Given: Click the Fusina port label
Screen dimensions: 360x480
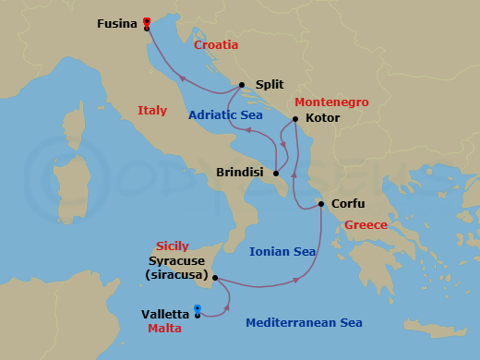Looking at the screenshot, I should point(117,24).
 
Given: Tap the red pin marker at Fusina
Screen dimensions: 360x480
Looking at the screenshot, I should point(147,22).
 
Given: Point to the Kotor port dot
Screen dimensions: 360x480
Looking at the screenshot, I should point(294,119).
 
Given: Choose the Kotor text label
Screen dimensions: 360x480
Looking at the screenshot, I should point(322,118).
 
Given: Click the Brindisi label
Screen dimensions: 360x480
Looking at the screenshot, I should point(240,173).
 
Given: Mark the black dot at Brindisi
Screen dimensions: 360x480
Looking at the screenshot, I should point(276,173).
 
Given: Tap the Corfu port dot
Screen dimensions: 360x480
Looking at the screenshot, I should point(320,204).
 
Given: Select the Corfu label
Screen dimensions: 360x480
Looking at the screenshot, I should point(347,204).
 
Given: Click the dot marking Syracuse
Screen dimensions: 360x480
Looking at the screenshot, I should point(214,277).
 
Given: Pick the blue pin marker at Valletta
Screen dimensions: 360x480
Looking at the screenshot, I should point(198,309).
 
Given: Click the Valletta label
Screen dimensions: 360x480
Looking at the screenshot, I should point(166,314).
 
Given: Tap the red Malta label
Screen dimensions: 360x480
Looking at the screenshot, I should point(164,328).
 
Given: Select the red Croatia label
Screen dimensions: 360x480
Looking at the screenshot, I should point(216,44).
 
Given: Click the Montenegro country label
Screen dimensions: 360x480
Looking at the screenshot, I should point(331,102).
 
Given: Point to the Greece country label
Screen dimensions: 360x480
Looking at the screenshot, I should point(366,225).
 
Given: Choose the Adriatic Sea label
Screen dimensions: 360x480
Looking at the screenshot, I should point(226,115).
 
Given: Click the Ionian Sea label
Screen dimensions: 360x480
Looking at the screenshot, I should point(282,251).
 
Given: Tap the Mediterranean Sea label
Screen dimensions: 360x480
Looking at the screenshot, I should point(304,323).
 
